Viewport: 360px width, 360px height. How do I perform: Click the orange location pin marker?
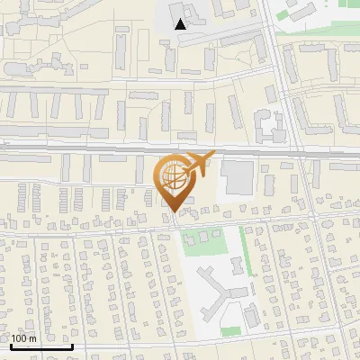[x=176, y=180]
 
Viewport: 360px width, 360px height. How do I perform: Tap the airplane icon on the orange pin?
[x=198, y=162]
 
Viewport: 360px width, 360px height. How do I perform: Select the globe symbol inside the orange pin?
[x=175, y=176]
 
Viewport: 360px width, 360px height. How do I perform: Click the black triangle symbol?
[x=181, y=24]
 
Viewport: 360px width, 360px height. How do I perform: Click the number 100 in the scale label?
[x=19, y=338]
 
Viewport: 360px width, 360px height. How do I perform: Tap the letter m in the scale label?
[x=32, y=338]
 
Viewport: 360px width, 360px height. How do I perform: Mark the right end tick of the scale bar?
[x=72, y=345]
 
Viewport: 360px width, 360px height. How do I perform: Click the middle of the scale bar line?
[x=40, y=346]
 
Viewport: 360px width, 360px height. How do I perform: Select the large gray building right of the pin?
[x=238, y=176]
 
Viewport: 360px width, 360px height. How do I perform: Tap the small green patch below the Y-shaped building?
[x=231, y=331]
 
